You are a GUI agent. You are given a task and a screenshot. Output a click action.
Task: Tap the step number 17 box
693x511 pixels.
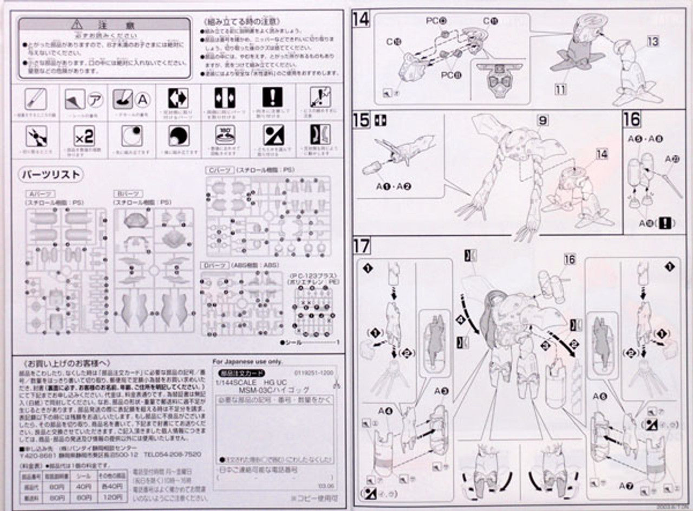(x=361, y=246)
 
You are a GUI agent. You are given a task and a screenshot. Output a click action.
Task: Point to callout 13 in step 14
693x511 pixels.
(x=653, y=41)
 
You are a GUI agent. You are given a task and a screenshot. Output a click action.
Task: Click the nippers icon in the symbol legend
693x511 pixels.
(x=36, y=135)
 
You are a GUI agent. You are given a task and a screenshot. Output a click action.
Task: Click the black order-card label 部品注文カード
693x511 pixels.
(x=234, y=373)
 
